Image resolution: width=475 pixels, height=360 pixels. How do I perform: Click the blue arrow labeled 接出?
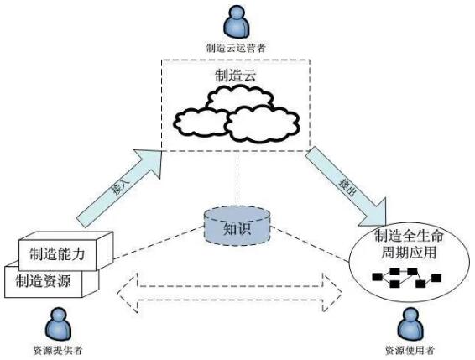coord(344,181)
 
